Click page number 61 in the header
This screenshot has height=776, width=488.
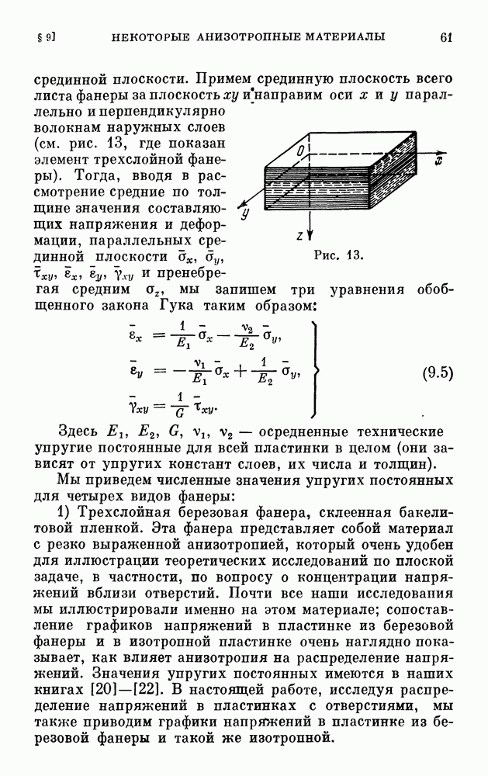(445, 36)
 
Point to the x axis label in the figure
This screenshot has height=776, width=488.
(438, 162)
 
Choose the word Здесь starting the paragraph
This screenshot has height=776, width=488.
(81, 431)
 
